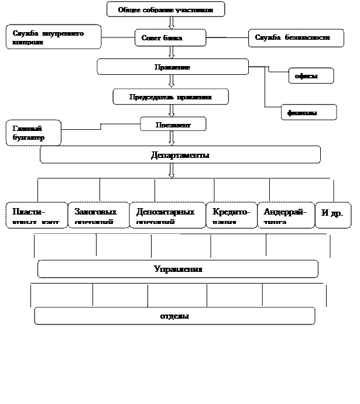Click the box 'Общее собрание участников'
click(x=166, y=10)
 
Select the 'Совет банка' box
click(x=170, y=38)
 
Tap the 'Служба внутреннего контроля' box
click(x=54, y=37)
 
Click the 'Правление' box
click(x=173, y=67)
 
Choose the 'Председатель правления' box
click(x=170, y=96)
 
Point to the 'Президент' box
click(x=173, y=125)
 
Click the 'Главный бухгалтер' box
click(x=33, y=133)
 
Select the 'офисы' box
click(x=311, y=76)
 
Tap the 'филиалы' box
click(x=308, y=112)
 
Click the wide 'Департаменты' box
click(x=180, y=155)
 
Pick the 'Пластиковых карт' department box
click(x=37, y=215)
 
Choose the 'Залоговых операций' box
click(x=99, y=215)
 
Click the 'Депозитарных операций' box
click(x=167, y=215)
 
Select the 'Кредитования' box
click(x=231, y=215)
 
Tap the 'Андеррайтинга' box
click(x=285, y=215)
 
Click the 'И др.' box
click(x=333, y=215)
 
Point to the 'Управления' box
click(x=178, y=269)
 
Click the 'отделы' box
click(x=174, y=316)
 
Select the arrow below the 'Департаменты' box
click(x=172, y=170)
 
